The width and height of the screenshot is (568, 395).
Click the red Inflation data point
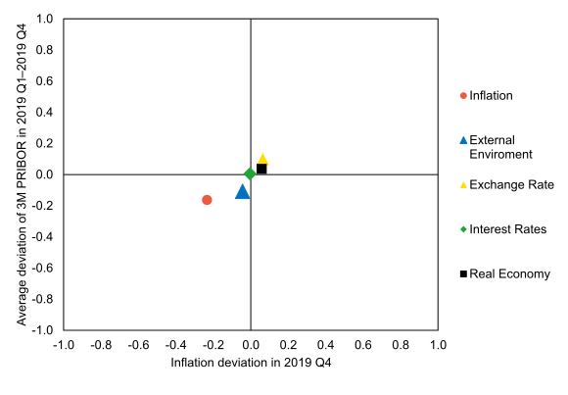207,200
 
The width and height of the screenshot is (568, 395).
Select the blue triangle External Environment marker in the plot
243,191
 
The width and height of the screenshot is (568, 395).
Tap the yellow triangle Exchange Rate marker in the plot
262,159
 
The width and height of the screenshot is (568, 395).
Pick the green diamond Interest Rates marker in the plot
250,173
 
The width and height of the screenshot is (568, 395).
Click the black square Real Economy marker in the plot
261,169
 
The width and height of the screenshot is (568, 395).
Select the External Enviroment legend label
500,147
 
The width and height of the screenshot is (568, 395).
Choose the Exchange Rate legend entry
511,184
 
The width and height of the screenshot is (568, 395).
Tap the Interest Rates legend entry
507,228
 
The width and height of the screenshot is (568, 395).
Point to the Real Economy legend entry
509,273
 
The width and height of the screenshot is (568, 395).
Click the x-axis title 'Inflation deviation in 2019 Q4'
251,363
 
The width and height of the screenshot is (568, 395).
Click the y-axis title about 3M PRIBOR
21,174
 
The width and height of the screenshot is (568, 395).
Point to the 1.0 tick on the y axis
45,19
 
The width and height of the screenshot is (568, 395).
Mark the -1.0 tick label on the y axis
43,330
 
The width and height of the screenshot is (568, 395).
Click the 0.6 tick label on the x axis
363,345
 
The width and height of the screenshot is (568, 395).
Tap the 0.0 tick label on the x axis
251,345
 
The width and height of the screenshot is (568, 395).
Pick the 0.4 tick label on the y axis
45,113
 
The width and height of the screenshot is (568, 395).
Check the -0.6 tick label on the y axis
43,268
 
